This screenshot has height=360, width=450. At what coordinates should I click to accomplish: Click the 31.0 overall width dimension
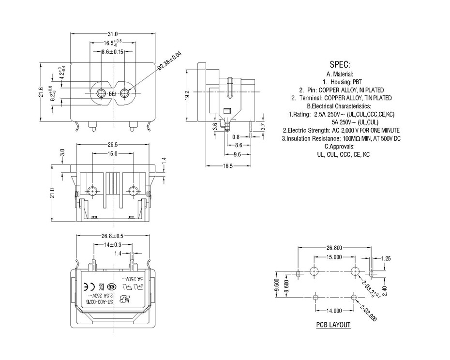click(112, 34)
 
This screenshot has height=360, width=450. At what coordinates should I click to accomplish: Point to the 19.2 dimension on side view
click(187, 95)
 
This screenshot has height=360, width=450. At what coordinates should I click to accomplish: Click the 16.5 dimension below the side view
click(227, 166)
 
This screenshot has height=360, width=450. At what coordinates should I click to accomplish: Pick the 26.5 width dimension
click(113, 145)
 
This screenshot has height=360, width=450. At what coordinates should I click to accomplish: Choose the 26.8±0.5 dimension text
click(113, 236)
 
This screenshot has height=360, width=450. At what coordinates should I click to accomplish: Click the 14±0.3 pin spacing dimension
click(112, 245)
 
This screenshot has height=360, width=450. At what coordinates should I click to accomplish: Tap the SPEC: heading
click(340, 64)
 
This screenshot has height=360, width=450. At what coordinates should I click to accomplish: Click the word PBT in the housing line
click(360, 82)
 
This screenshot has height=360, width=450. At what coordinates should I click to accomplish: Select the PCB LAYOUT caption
click(333, 325)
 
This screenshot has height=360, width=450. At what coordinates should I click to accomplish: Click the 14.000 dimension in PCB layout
click(334, 311)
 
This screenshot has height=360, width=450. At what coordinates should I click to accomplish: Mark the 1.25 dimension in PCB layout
click(386, 259)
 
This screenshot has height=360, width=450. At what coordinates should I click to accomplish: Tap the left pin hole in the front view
click(101, 93)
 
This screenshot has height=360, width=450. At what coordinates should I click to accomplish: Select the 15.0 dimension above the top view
click(113, 153)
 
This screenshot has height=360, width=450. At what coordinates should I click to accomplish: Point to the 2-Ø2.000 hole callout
click(368, 314)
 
